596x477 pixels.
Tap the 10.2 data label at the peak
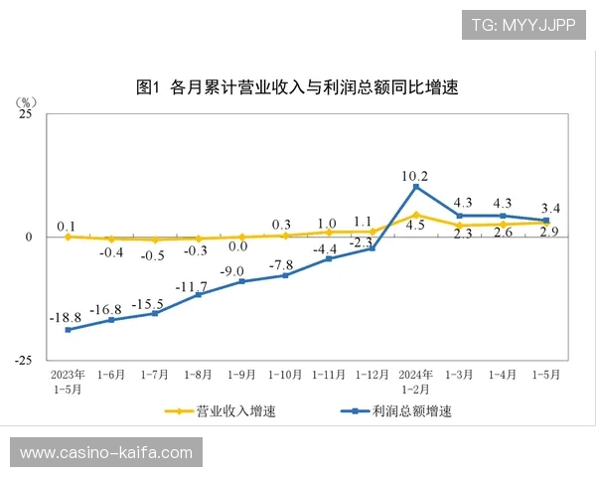coord(415,176)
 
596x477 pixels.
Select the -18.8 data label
coord(67,317)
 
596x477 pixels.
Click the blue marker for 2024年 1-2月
coord(415,187)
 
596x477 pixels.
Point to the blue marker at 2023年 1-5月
coord(68,330)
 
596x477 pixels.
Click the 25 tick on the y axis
coord(25,114)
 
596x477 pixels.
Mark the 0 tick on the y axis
coord(29,238)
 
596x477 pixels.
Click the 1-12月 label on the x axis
coord(372,376)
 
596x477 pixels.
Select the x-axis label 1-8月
coord(198,376)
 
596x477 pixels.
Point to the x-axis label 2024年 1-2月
coord(415,382)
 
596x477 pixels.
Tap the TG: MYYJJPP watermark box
coord(523,24)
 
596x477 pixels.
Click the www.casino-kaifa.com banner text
coord(106,453)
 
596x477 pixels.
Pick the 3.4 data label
coord(549,209)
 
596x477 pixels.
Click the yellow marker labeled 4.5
coord(415,215)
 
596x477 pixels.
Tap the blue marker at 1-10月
coord(285,275)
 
